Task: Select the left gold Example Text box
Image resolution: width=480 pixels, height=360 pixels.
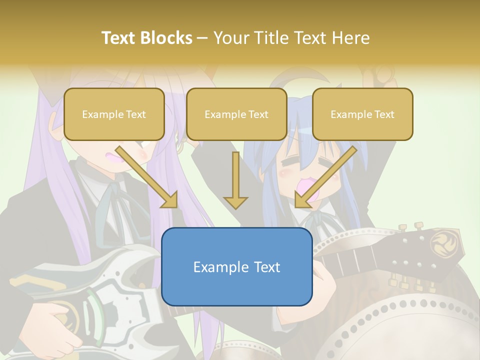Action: click(114, 114)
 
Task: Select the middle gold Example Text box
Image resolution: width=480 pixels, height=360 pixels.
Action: click(236, 114)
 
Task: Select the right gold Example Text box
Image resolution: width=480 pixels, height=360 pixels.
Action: click(362, 114)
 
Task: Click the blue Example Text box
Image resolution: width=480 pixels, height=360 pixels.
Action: click(236, 267)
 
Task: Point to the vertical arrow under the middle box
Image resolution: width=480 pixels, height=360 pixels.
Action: click(236, 180)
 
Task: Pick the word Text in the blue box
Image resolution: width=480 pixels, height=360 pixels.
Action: click(265, 267)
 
